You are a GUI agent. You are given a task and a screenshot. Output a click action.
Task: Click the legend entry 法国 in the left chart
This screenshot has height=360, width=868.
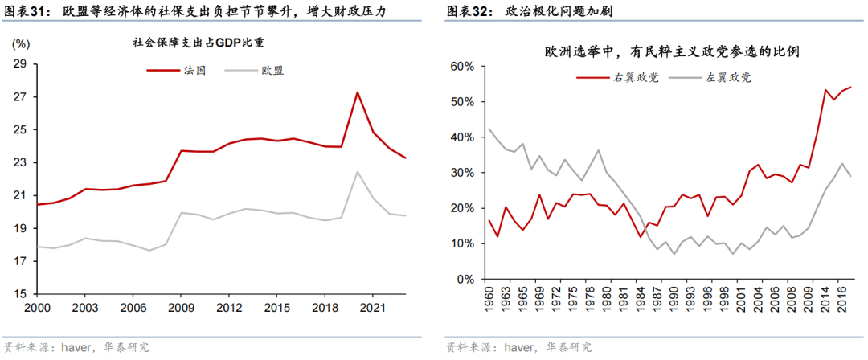pos(196,71)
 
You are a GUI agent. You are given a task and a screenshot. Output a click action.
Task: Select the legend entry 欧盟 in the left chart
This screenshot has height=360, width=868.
pos(272,71)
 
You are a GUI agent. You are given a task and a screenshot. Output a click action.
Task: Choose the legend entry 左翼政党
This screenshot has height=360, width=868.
pos(728,78)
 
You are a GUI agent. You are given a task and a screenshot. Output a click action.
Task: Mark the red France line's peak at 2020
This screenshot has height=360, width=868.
pos(357,92)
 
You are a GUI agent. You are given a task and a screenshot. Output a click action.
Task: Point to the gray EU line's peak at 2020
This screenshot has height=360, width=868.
pos(357,171)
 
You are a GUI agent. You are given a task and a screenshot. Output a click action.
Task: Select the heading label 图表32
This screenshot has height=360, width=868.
pos(469,12)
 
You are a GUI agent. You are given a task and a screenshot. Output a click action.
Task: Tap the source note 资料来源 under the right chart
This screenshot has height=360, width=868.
pos(471,347)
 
